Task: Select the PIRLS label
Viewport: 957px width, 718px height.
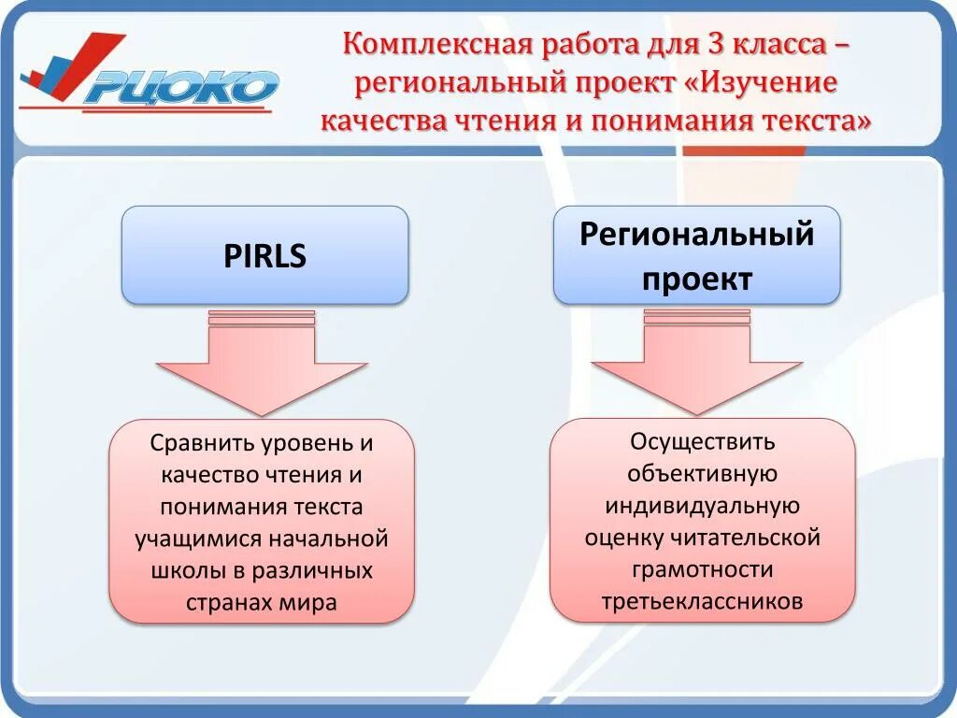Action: (264, 255)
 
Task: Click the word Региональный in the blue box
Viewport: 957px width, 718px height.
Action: (696, 234)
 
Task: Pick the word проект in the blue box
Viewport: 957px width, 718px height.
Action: (696, 279)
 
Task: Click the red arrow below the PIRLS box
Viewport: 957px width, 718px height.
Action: (262, 369)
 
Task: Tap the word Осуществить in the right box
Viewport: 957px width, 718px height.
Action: (702, 440)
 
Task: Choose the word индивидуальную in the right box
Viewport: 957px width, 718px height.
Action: (702, 505)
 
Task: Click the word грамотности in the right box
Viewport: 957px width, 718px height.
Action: (702, 568)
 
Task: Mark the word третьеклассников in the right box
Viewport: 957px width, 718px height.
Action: (702, 600)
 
